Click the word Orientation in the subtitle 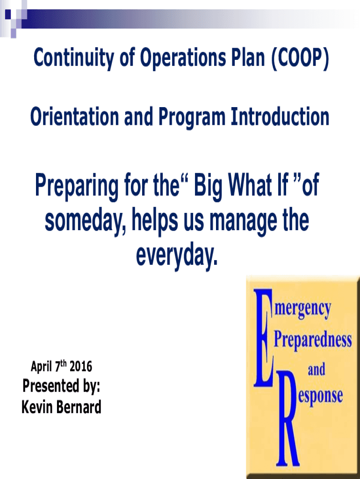(73, 117)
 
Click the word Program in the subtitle (191, 117)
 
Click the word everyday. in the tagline (177, 254)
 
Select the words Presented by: (61, 387)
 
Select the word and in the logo (317, 370)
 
